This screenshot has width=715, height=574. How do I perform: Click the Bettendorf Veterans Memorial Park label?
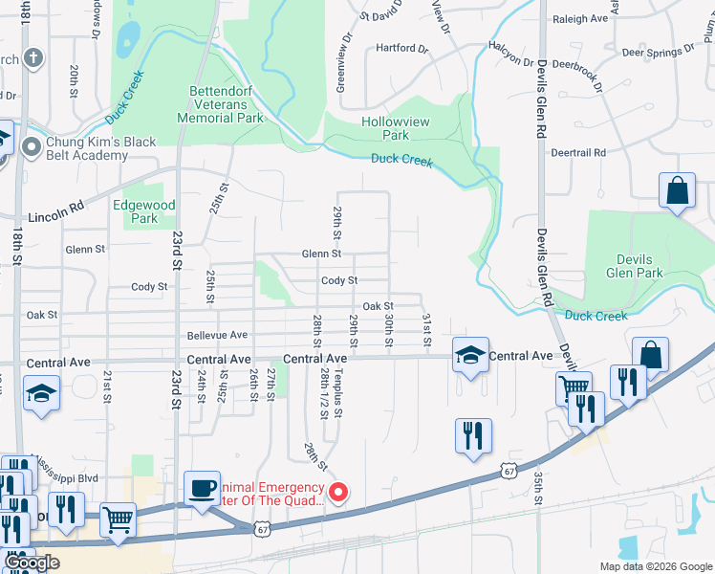(x=221, y=104)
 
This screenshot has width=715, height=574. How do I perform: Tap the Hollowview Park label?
(x=399, y=128)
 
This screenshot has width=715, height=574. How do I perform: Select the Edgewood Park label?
(x=144, y=211)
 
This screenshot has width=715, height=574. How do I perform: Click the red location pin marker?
(x=337, y=493)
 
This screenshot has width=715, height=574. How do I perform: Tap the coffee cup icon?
(x=201, y=487)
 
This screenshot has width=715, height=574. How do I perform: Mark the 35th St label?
(x=539, y=488)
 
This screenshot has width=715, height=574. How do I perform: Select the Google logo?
(x=32, y=563)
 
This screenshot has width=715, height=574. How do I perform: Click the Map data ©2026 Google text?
(x=655, y=566)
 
